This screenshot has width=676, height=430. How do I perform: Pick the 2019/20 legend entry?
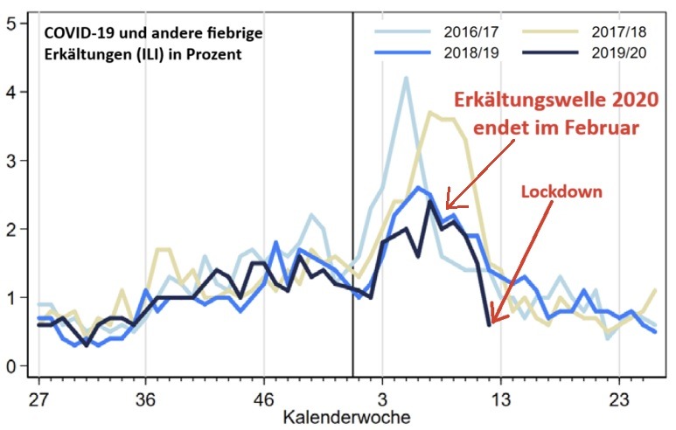click(x=617, y=54)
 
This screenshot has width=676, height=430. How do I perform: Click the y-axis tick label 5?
click(x=10, y=24)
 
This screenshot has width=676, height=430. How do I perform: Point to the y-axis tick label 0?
click(x=10, y=366)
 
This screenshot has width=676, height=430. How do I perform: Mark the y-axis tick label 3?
click(x=10, y=161)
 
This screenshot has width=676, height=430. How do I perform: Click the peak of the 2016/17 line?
click(x=406, y=78)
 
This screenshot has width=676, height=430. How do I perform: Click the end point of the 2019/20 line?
click(x=489, y=324)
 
